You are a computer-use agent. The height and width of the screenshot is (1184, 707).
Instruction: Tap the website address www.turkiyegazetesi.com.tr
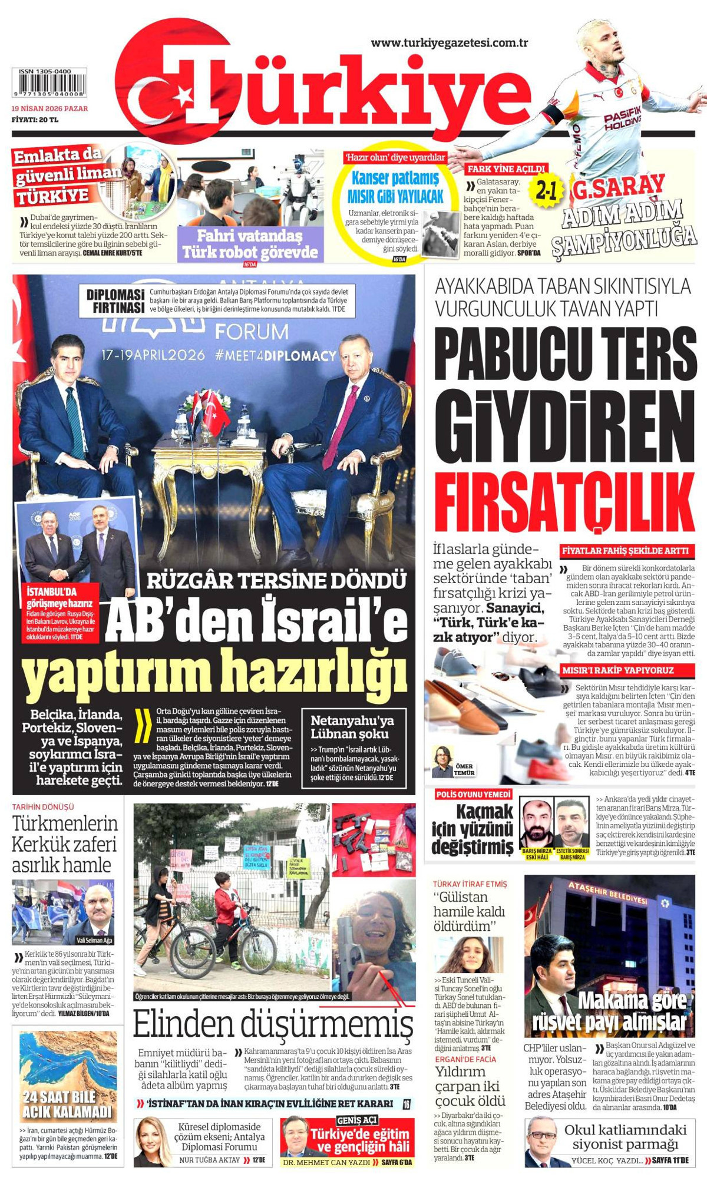tap(449, 42)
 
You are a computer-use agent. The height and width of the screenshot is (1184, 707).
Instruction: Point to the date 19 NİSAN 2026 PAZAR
tap(50, 108)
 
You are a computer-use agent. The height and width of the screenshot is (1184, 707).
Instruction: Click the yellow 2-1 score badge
tap(546, 190)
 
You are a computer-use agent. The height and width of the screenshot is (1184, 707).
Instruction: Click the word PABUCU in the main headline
tap(507, 356)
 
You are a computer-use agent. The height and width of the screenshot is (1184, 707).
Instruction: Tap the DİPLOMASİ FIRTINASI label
tap(115, 301)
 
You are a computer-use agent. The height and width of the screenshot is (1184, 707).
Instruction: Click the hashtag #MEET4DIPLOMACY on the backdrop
tap(276, 356)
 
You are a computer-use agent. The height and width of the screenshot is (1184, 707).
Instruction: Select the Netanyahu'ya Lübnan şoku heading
tap(352, 727)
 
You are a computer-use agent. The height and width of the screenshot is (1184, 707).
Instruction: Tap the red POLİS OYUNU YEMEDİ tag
tap(474, 795)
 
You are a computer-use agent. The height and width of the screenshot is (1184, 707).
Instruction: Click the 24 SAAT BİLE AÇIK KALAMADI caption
tap(67, 1104)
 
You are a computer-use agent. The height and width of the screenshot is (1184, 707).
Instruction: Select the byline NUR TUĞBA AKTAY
tap(209, 1160)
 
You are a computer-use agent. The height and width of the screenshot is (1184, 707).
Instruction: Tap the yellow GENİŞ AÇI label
tap(357, 1120)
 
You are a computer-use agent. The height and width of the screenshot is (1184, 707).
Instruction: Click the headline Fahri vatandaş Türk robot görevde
tap(250, 244)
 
